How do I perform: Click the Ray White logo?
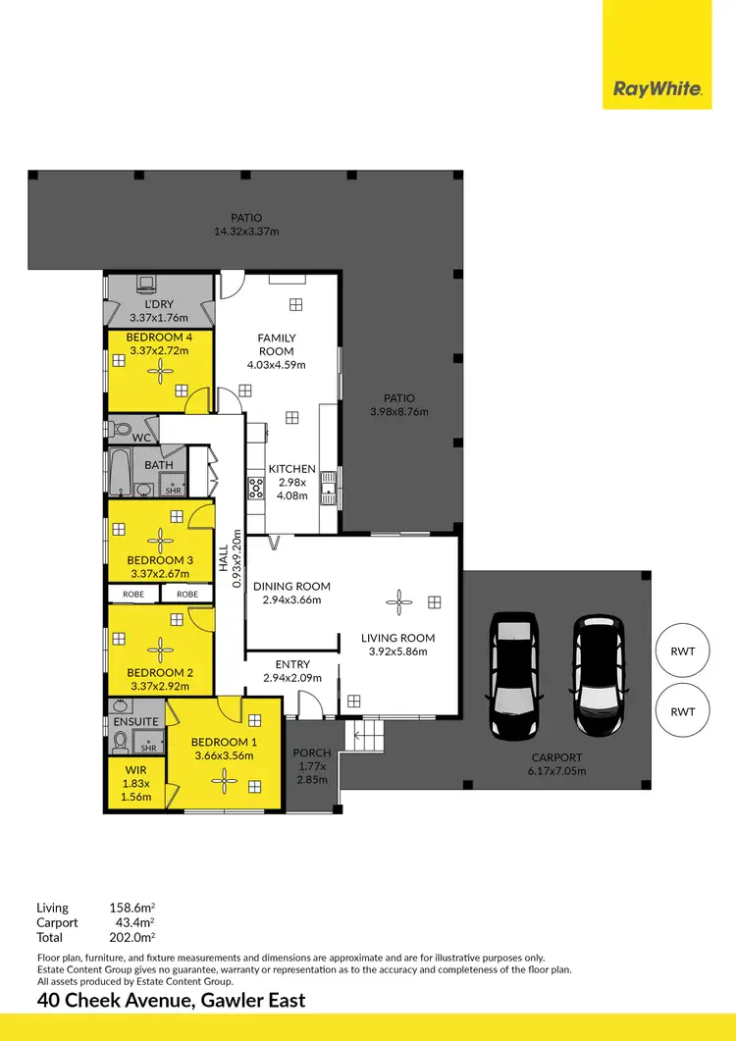(657, 89)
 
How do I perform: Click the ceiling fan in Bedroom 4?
(160, 372)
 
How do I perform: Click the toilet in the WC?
(119, 430)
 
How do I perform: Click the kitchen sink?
(334, 484)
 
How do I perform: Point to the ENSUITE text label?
(135, 721)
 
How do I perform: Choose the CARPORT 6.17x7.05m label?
(556, 764)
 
